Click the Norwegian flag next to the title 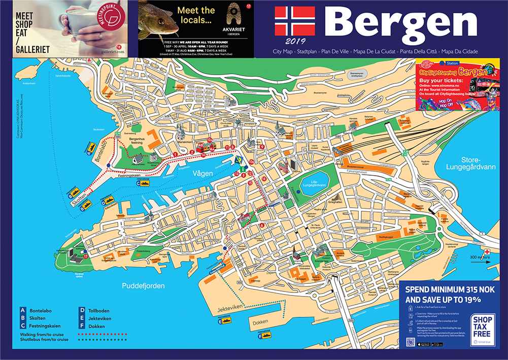295,21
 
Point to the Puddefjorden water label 143,286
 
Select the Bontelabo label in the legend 41,310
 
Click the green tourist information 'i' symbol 243,168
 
